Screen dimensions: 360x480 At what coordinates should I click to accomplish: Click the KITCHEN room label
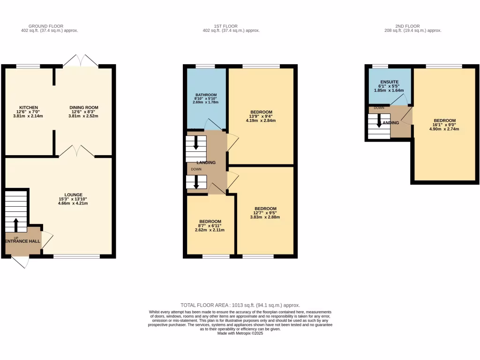point(29,107)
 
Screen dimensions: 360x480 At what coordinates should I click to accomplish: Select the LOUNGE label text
point(74,195)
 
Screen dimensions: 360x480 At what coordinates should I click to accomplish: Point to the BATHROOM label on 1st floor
point(206,95)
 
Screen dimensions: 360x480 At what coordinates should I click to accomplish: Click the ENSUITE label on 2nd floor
point(389,82)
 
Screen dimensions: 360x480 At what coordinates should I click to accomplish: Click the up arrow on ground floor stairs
point(16,225)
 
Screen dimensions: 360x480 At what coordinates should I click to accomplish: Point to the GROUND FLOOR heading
point(46,26)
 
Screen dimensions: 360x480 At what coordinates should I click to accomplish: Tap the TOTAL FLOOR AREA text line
point(240,305)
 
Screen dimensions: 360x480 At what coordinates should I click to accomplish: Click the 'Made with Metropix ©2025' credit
point(240,333)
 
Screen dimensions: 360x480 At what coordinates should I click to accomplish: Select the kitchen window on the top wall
point(28,66)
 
